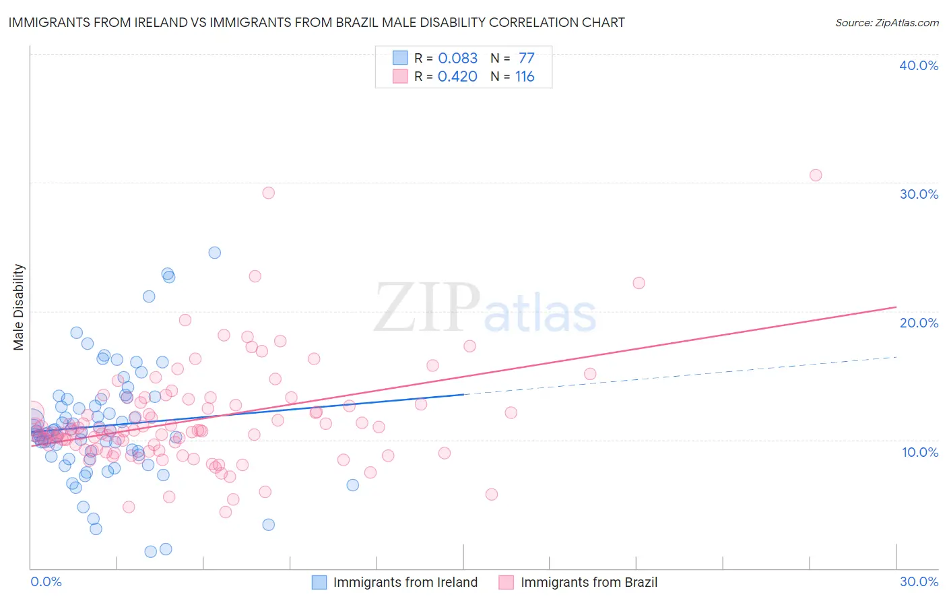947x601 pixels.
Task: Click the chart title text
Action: (317, 23)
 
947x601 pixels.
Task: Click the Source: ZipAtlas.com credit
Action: (886, 23)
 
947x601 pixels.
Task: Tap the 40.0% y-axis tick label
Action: (919, 65)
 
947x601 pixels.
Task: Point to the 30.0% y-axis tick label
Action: (919, 194)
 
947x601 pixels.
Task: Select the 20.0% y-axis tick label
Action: (919, 323)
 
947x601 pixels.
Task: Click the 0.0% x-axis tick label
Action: (46, 581)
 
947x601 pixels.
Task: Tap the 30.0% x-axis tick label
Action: (919, 581)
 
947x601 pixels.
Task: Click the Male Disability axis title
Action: (19, 307)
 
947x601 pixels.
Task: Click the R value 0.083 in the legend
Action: (457, 59)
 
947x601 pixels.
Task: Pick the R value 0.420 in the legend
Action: (457, 77)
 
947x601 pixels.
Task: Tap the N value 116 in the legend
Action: (525, 77)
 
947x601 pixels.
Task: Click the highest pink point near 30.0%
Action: (816, 175)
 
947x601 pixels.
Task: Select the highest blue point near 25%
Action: (215, 253)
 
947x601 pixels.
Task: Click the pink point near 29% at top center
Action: (269, 193)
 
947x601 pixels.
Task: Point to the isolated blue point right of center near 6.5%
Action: (353, 485)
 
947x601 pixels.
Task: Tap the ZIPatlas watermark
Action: (485, 309)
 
